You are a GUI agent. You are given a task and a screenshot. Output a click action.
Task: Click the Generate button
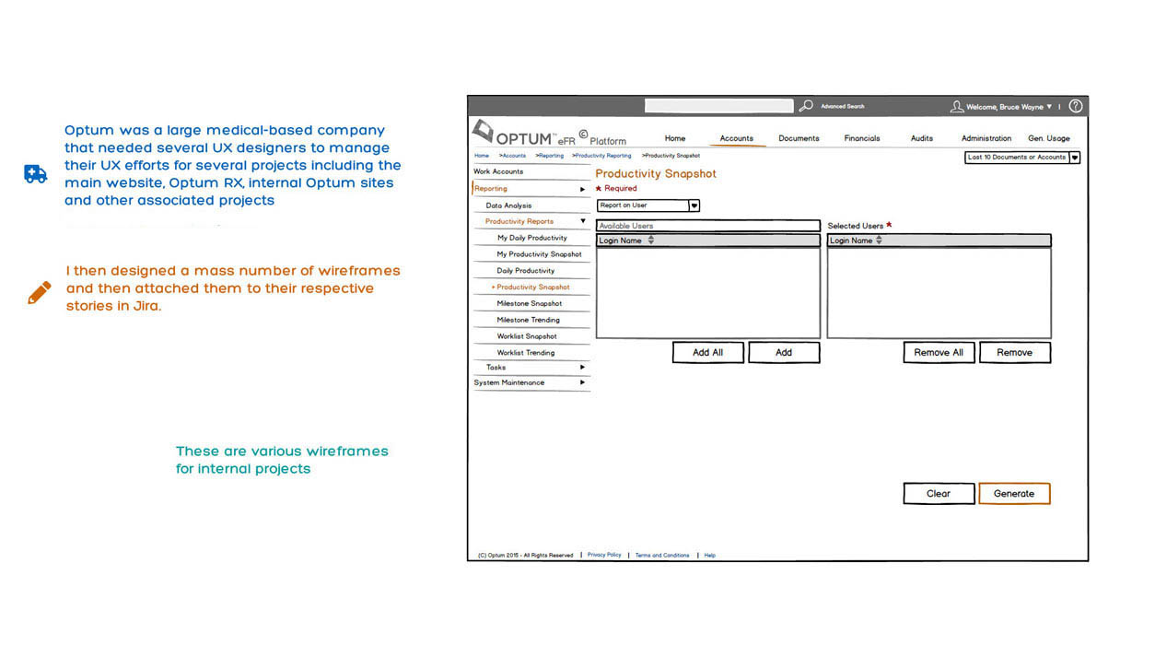pos(1013,494)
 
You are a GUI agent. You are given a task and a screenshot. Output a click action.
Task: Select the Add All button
pos(707,352)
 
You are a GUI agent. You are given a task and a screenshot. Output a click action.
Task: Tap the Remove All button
pos(938,352)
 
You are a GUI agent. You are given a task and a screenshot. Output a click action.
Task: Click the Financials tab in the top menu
pos(861,138)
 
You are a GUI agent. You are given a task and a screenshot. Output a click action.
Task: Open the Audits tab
pos(921,138)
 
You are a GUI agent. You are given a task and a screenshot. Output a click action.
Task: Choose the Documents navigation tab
pos(798,138)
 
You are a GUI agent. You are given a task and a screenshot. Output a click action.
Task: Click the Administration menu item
pos(986,138)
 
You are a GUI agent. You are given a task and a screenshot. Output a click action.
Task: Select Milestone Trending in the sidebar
pos(528,320)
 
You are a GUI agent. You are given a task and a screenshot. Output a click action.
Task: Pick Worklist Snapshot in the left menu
pos(527,336)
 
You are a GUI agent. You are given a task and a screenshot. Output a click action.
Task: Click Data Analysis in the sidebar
pos(508,205)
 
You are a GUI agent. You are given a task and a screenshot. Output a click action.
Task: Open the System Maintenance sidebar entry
pos(509,382)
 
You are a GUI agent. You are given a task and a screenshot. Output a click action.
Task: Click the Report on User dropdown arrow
pos(694,205)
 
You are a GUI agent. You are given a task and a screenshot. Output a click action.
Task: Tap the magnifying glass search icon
pos(805,106)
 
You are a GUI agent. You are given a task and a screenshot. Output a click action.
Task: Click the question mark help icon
pos(1075,106)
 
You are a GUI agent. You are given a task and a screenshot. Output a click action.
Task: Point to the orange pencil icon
pos(39,293)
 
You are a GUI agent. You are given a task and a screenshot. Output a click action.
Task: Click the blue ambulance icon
pos(35,174)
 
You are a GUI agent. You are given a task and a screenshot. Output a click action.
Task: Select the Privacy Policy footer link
pos(604,555)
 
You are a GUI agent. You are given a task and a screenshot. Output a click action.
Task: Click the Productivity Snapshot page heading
pos(655,173)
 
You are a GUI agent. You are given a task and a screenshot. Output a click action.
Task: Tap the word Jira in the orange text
pos(146,306)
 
